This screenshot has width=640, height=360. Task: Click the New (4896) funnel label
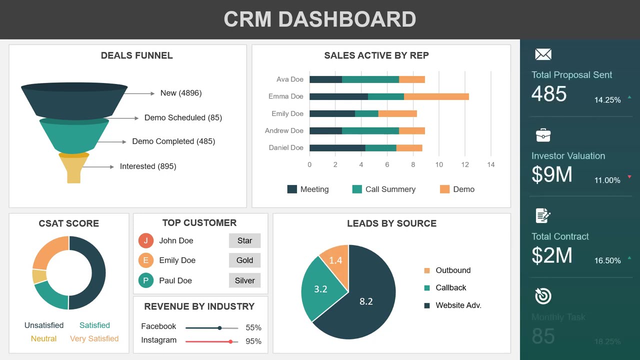[x=181, y=93]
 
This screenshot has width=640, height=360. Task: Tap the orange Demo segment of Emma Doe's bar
[x=436, y=96]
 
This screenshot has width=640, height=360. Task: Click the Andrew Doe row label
[x=284, y=130]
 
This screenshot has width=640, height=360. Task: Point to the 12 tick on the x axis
[x=465, y=164]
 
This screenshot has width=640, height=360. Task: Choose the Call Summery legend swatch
[x=357, y=189]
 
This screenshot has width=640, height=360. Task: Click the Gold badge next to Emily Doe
[x=244, y=260]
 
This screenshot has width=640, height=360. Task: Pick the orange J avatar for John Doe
[x=145, y=240]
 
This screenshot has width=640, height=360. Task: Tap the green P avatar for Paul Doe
[x=145, y=280]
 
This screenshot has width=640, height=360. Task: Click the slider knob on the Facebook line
[x=219, y=328]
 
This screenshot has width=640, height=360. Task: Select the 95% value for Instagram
[x=253, y=341]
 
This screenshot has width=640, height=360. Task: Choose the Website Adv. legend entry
[x=458, y=305]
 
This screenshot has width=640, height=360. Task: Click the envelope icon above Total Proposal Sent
[x=543, y=54]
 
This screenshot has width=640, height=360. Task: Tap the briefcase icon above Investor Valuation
[x=543, y=135]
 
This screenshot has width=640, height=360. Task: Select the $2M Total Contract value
[x=552, y=255]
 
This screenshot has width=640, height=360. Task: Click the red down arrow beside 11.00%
[x=629, y=177]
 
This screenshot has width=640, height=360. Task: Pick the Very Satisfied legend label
[x=94, y=338]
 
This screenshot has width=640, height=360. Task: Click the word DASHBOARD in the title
[x=347, y=19]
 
